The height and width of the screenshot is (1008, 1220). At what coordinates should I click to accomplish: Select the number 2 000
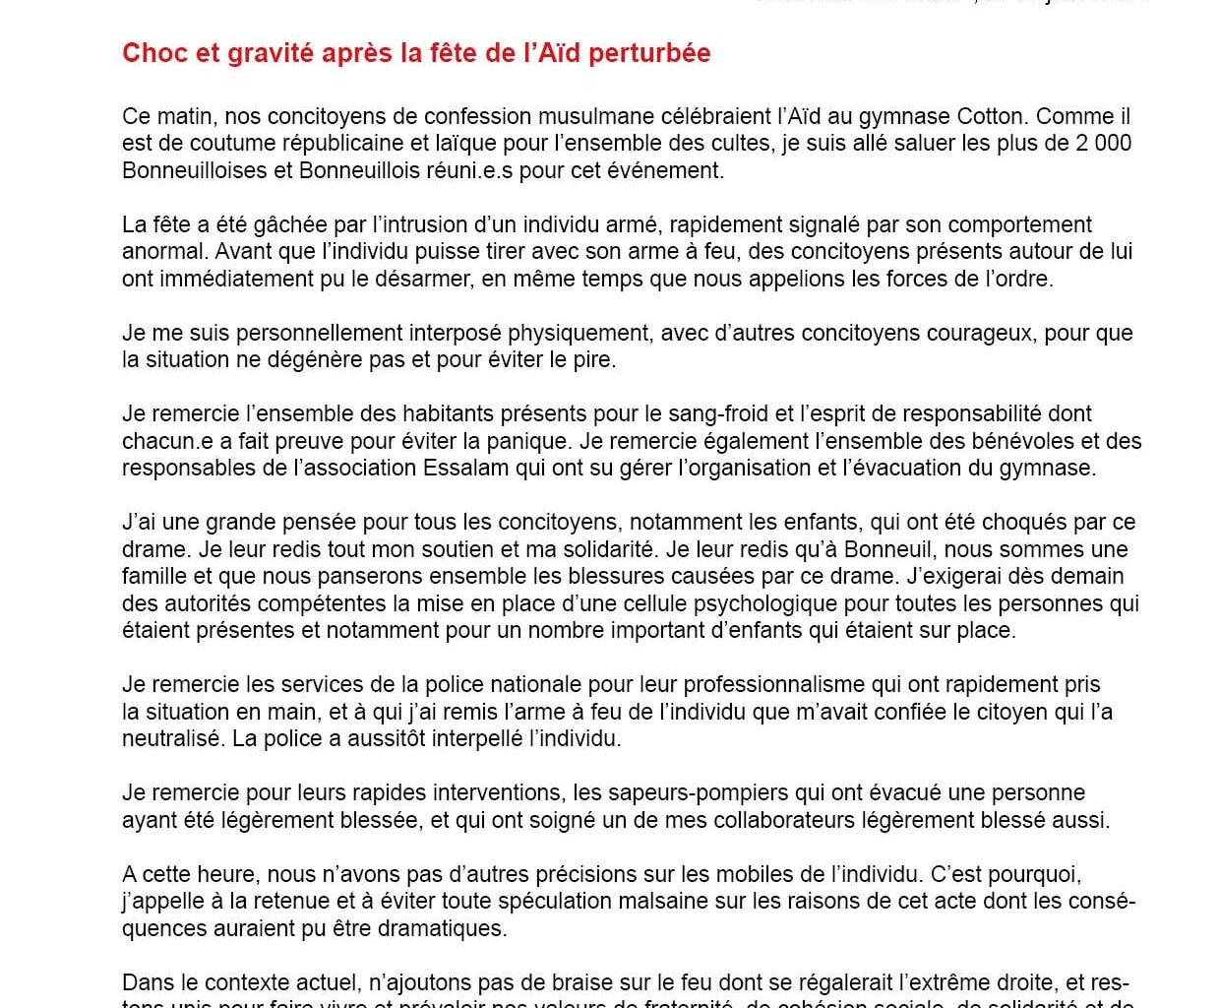1102,143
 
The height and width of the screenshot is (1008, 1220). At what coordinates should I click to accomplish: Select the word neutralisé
173,738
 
